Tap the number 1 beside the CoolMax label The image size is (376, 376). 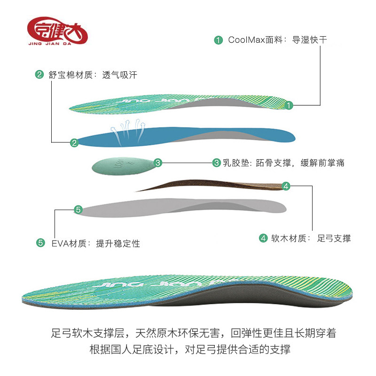218,39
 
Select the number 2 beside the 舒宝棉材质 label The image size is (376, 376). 39,75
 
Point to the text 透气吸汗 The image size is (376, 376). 119,75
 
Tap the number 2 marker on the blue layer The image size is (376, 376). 74,143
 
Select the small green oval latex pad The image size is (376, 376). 122,164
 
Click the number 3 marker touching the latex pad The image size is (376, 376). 158,163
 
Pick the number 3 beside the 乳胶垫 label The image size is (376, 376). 216,163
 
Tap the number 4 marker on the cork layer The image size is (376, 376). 286,186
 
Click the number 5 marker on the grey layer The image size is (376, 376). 78,210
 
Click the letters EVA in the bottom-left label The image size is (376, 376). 60,243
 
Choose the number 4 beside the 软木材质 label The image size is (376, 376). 264,238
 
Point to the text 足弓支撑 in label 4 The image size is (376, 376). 334,238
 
